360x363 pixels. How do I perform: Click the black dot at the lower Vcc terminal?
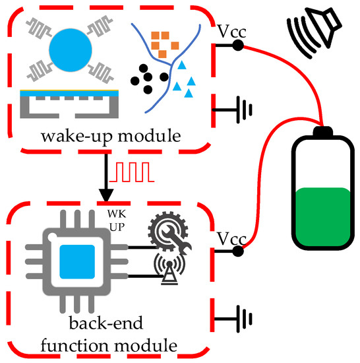click(x=238, y=251)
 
